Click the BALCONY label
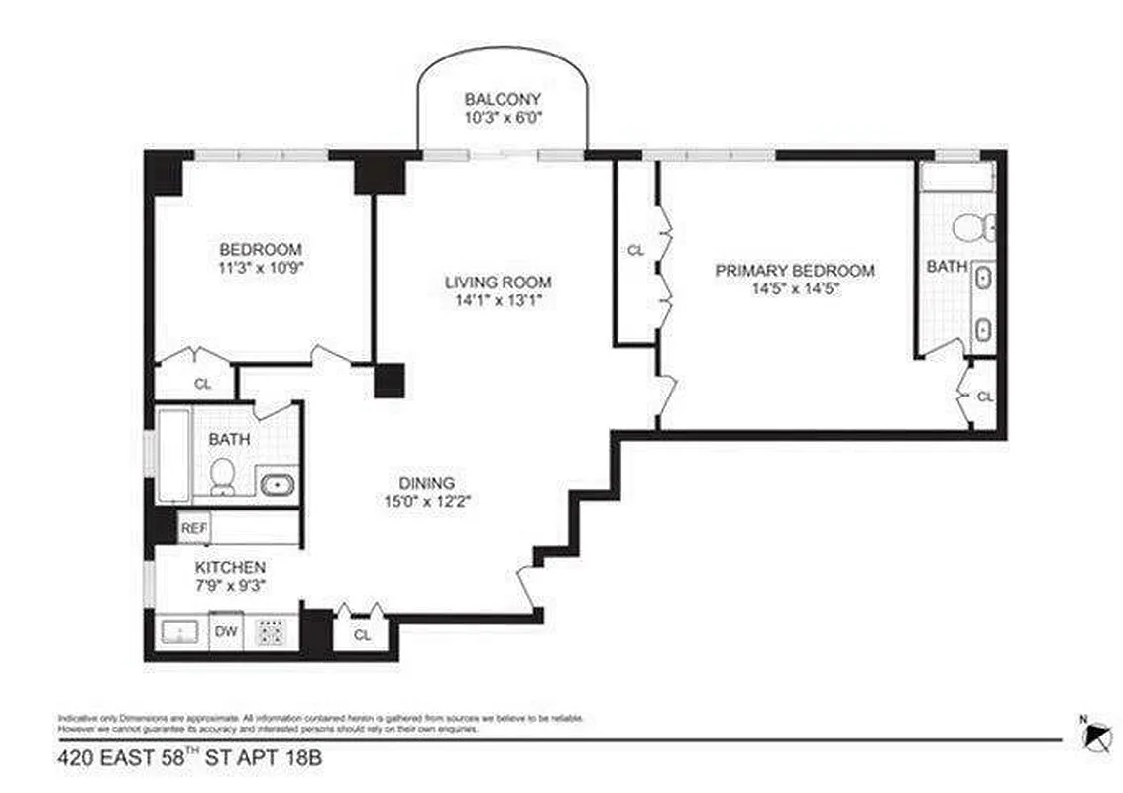503,99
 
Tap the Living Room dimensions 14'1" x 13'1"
498,300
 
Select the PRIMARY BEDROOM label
795,270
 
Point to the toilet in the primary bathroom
975,228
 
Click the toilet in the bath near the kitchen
223,477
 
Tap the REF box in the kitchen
193,529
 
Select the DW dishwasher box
227,631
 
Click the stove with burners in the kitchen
272,631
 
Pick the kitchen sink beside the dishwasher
179,631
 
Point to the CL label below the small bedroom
202,384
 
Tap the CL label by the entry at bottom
362,635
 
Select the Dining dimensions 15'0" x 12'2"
428,502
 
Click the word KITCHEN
229,567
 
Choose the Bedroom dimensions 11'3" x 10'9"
260,267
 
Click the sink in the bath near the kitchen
276,485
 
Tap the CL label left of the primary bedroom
635,251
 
